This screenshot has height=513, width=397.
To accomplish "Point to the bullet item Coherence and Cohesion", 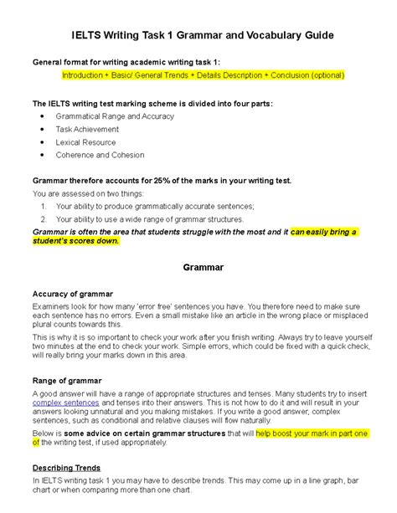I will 99,155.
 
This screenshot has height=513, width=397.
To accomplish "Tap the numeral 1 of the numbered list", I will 44,206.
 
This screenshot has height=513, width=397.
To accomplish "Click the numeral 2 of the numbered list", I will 44,218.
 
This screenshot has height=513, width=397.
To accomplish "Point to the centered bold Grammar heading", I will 198,268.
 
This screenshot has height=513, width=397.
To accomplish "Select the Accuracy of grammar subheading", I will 71,294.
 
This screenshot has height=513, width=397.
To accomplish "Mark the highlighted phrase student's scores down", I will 75,242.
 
